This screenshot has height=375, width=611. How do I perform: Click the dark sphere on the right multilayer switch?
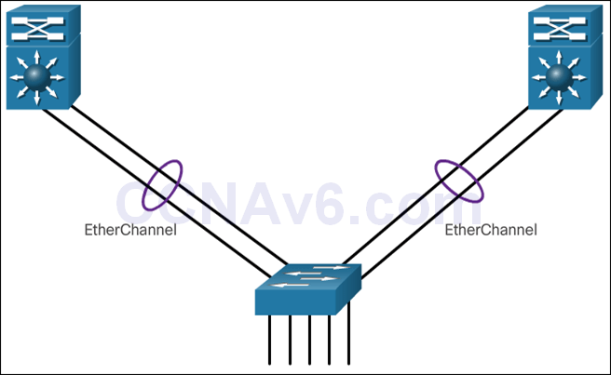coord(560,77)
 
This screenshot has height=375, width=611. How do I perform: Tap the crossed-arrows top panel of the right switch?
coord(560,27)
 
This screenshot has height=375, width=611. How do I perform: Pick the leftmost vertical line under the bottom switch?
coord(270,340)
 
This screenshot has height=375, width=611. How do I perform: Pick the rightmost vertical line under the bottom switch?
coord(348,340)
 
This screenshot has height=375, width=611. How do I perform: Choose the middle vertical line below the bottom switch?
coord(309,340)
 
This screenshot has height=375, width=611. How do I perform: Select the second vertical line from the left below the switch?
coord(290,340)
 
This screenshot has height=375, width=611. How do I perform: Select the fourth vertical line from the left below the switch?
coord(329,340)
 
